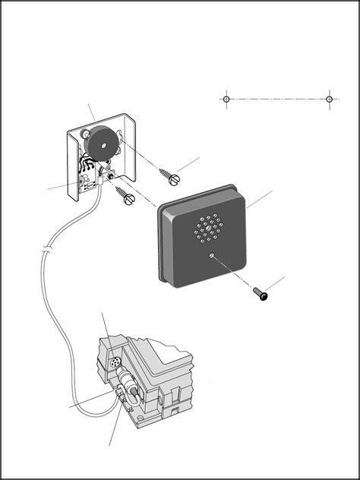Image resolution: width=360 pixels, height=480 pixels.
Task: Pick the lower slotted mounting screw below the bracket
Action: pos(127,196)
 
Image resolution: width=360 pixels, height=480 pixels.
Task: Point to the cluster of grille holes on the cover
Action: pos(207,229)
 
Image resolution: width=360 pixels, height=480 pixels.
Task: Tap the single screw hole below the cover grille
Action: pos(212,257)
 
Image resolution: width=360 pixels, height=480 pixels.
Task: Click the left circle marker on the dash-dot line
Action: pos(226,99)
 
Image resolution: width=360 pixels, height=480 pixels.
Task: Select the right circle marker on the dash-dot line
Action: pos(329,99)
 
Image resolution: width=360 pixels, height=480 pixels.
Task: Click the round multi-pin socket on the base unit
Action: pos(116,367)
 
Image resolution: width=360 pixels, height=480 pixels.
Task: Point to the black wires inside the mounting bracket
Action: pos(90,169)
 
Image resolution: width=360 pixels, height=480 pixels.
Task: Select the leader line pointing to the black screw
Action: pos(276,285)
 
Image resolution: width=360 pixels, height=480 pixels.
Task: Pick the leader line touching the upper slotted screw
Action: pos(190,163)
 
